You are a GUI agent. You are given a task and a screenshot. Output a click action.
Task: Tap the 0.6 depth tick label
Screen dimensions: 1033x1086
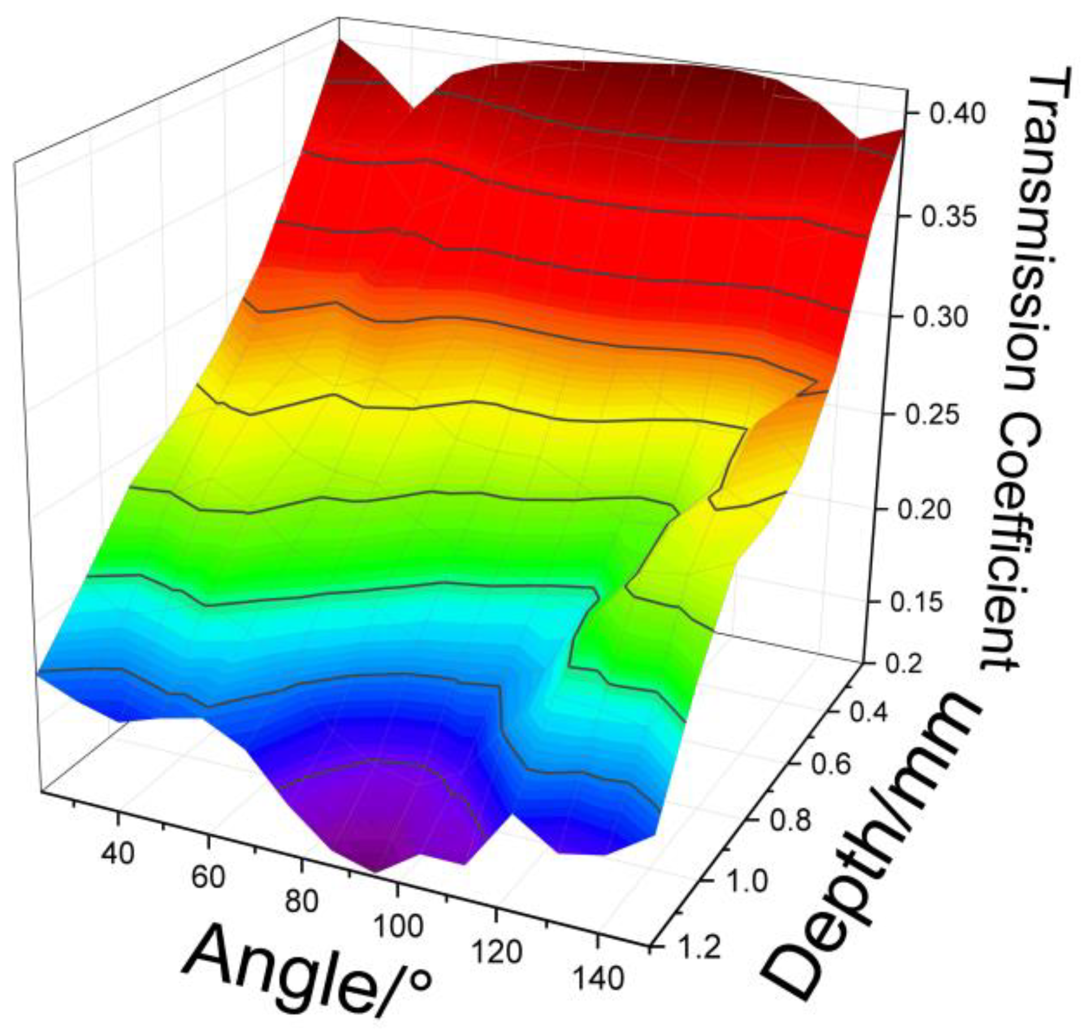(830, 765)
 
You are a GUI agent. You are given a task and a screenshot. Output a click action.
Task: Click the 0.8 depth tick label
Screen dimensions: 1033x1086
(791, 820)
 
